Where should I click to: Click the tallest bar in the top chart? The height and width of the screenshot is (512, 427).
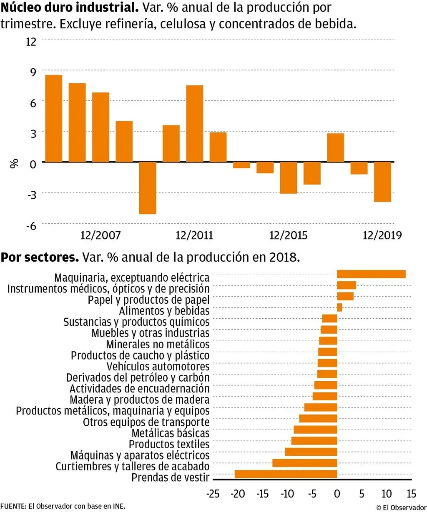tap(53, 118)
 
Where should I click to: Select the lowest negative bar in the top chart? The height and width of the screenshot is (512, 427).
tap(148, 188)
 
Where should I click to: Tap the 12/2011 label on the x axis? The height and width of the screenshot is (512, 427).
tap(194, 235)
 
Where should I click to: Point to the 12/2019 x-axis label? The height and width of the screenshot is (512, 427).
tap(382, 235)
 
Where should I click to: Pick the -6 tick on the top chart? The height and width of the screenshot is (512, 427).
tap(31, 226)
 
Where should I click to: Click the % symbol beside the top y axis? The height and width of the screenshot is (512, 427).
tap(14, 164)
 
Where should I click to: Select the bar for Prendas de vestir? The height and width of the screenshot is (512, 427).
tap(286, 474)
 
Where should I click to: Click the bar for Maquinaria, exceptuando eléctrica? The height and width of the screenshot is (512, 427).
tap(371, 274)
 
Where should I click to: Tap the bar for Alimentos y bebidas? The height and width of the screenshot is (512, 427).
tap(339, 307)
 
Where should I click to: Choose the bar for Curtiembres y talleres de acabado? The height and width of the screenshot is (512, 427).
tap(304, 463)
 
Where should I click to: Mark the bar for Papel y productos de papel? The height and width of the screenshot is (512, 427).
tap(345, 296)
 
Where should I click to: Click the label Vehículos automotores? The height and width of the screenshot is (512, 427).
tap(158, 367)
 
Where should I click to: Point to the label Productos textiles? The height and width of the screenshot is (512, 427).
tap(169, 444)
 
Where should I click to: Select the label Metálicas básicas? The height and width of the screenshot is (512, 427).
tap(171, 433)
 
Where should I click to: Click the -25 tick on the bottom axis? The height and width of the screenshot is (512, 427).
tap(213, 494)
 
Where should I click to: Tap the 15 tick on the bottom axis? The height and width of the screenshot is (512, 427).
tap(411, 494)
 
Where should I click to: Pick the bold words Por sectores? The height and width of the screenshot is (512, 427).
tap(40, 257)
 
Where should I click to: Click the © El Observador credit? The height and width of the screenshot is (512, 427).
tap(401, 507)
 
